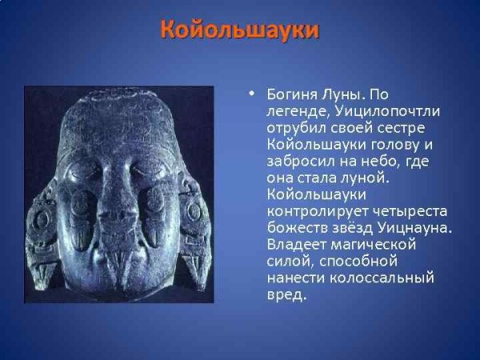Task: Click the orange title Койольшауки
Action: point(240,30)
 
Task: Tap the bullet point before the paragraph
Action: point(251,94)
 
